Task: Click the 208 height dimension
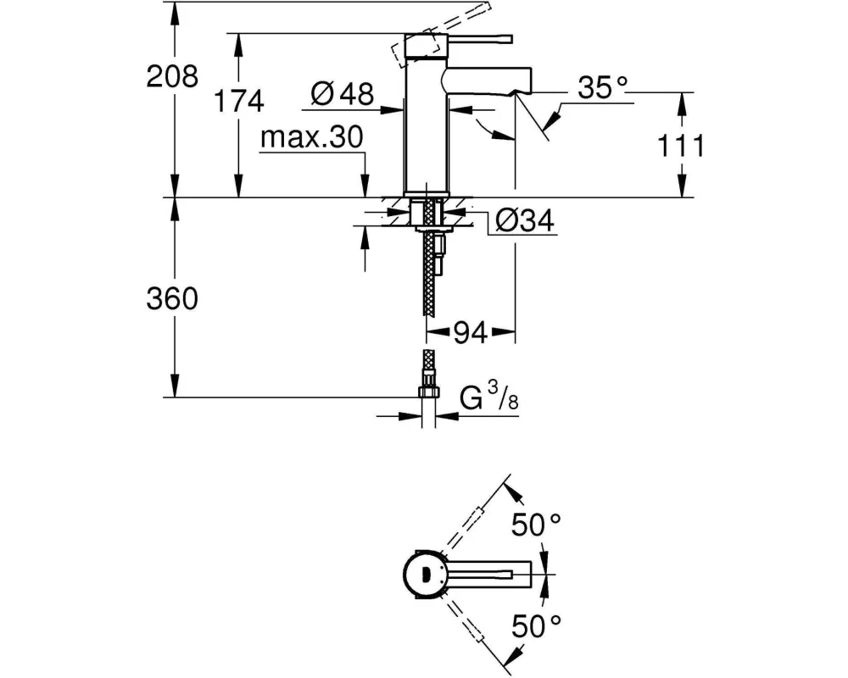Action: coord(172,76)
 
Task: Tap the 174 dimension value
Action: coord(239,101)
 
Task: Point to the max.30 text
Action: coord(311,137)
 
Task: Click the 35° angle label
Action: coord(602,87)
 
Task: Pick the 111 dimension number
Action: coord(681,146)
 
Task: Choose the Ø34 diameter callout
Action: coord(525,220)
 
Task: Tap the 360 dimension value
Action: coord(172,298)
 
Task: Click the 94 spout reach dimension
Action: coord(470,333)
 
